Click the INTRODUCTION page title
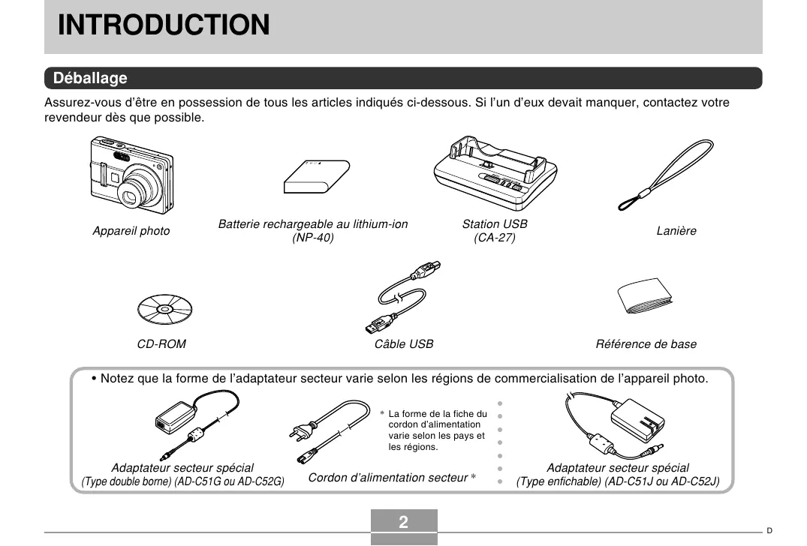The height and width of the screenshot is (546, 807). click(x=164, y=25)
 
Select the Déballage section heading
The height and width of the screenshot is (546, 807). click(x=90, y=78)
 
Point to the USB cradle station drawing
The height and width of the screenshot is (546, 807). click(x=495, y=177)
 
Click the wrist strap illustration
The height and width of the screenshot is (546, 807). click(x=664, y=175)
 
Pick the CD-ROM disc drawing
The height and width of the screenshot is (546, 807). click(x=164, y=308)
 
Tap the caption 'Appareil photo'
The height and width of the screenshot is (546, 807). click(x=131, y=231)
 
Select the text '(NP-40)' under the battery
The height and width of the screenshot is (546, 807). click(x=312, y=238)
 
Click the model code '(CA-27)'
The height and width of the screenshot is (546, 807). click(x=495, y=238)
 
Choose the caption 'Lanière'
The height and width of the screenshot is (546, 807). click(x=676, y=231)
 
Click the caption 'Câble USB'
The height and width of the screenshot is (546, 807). click(x=404, y=344)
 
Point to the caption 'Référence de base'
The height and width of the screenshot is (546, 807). click(x=646, y=344)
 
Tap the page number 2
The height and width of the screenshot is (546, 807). click(x=404, y=523)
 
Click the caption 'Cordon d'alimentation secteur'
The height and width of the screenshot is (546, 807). click(x=388, y=478)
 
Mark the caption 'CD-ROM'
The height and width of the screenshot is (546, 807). click(x=161, y=344)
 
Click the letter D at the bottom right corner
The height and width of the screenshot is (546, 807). click(x=769, y=530)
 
